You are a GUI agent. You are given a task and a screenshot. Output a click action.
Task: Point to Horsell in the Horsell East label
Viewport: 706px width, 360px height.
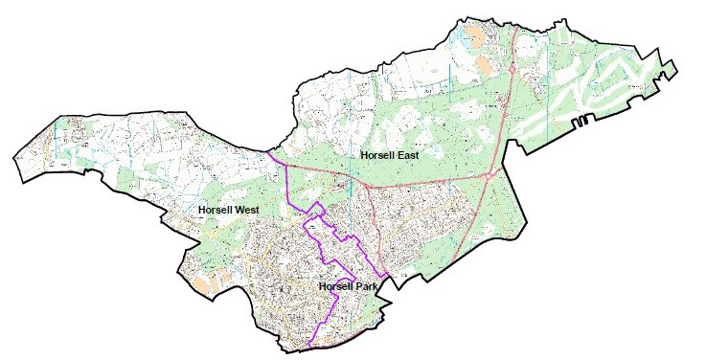point(379,154)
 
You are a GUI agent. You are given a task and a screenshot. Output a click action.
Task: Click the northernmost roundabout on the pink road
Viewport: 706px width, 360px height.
point(513,70)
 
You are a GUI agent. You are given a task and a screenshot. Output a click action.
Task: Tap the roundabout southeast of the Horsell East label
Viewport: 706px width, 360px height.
point(490,175)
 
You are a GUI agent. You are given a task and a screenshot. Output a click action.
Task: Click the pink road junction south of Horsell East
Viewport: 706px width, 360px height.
point(368,183)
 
